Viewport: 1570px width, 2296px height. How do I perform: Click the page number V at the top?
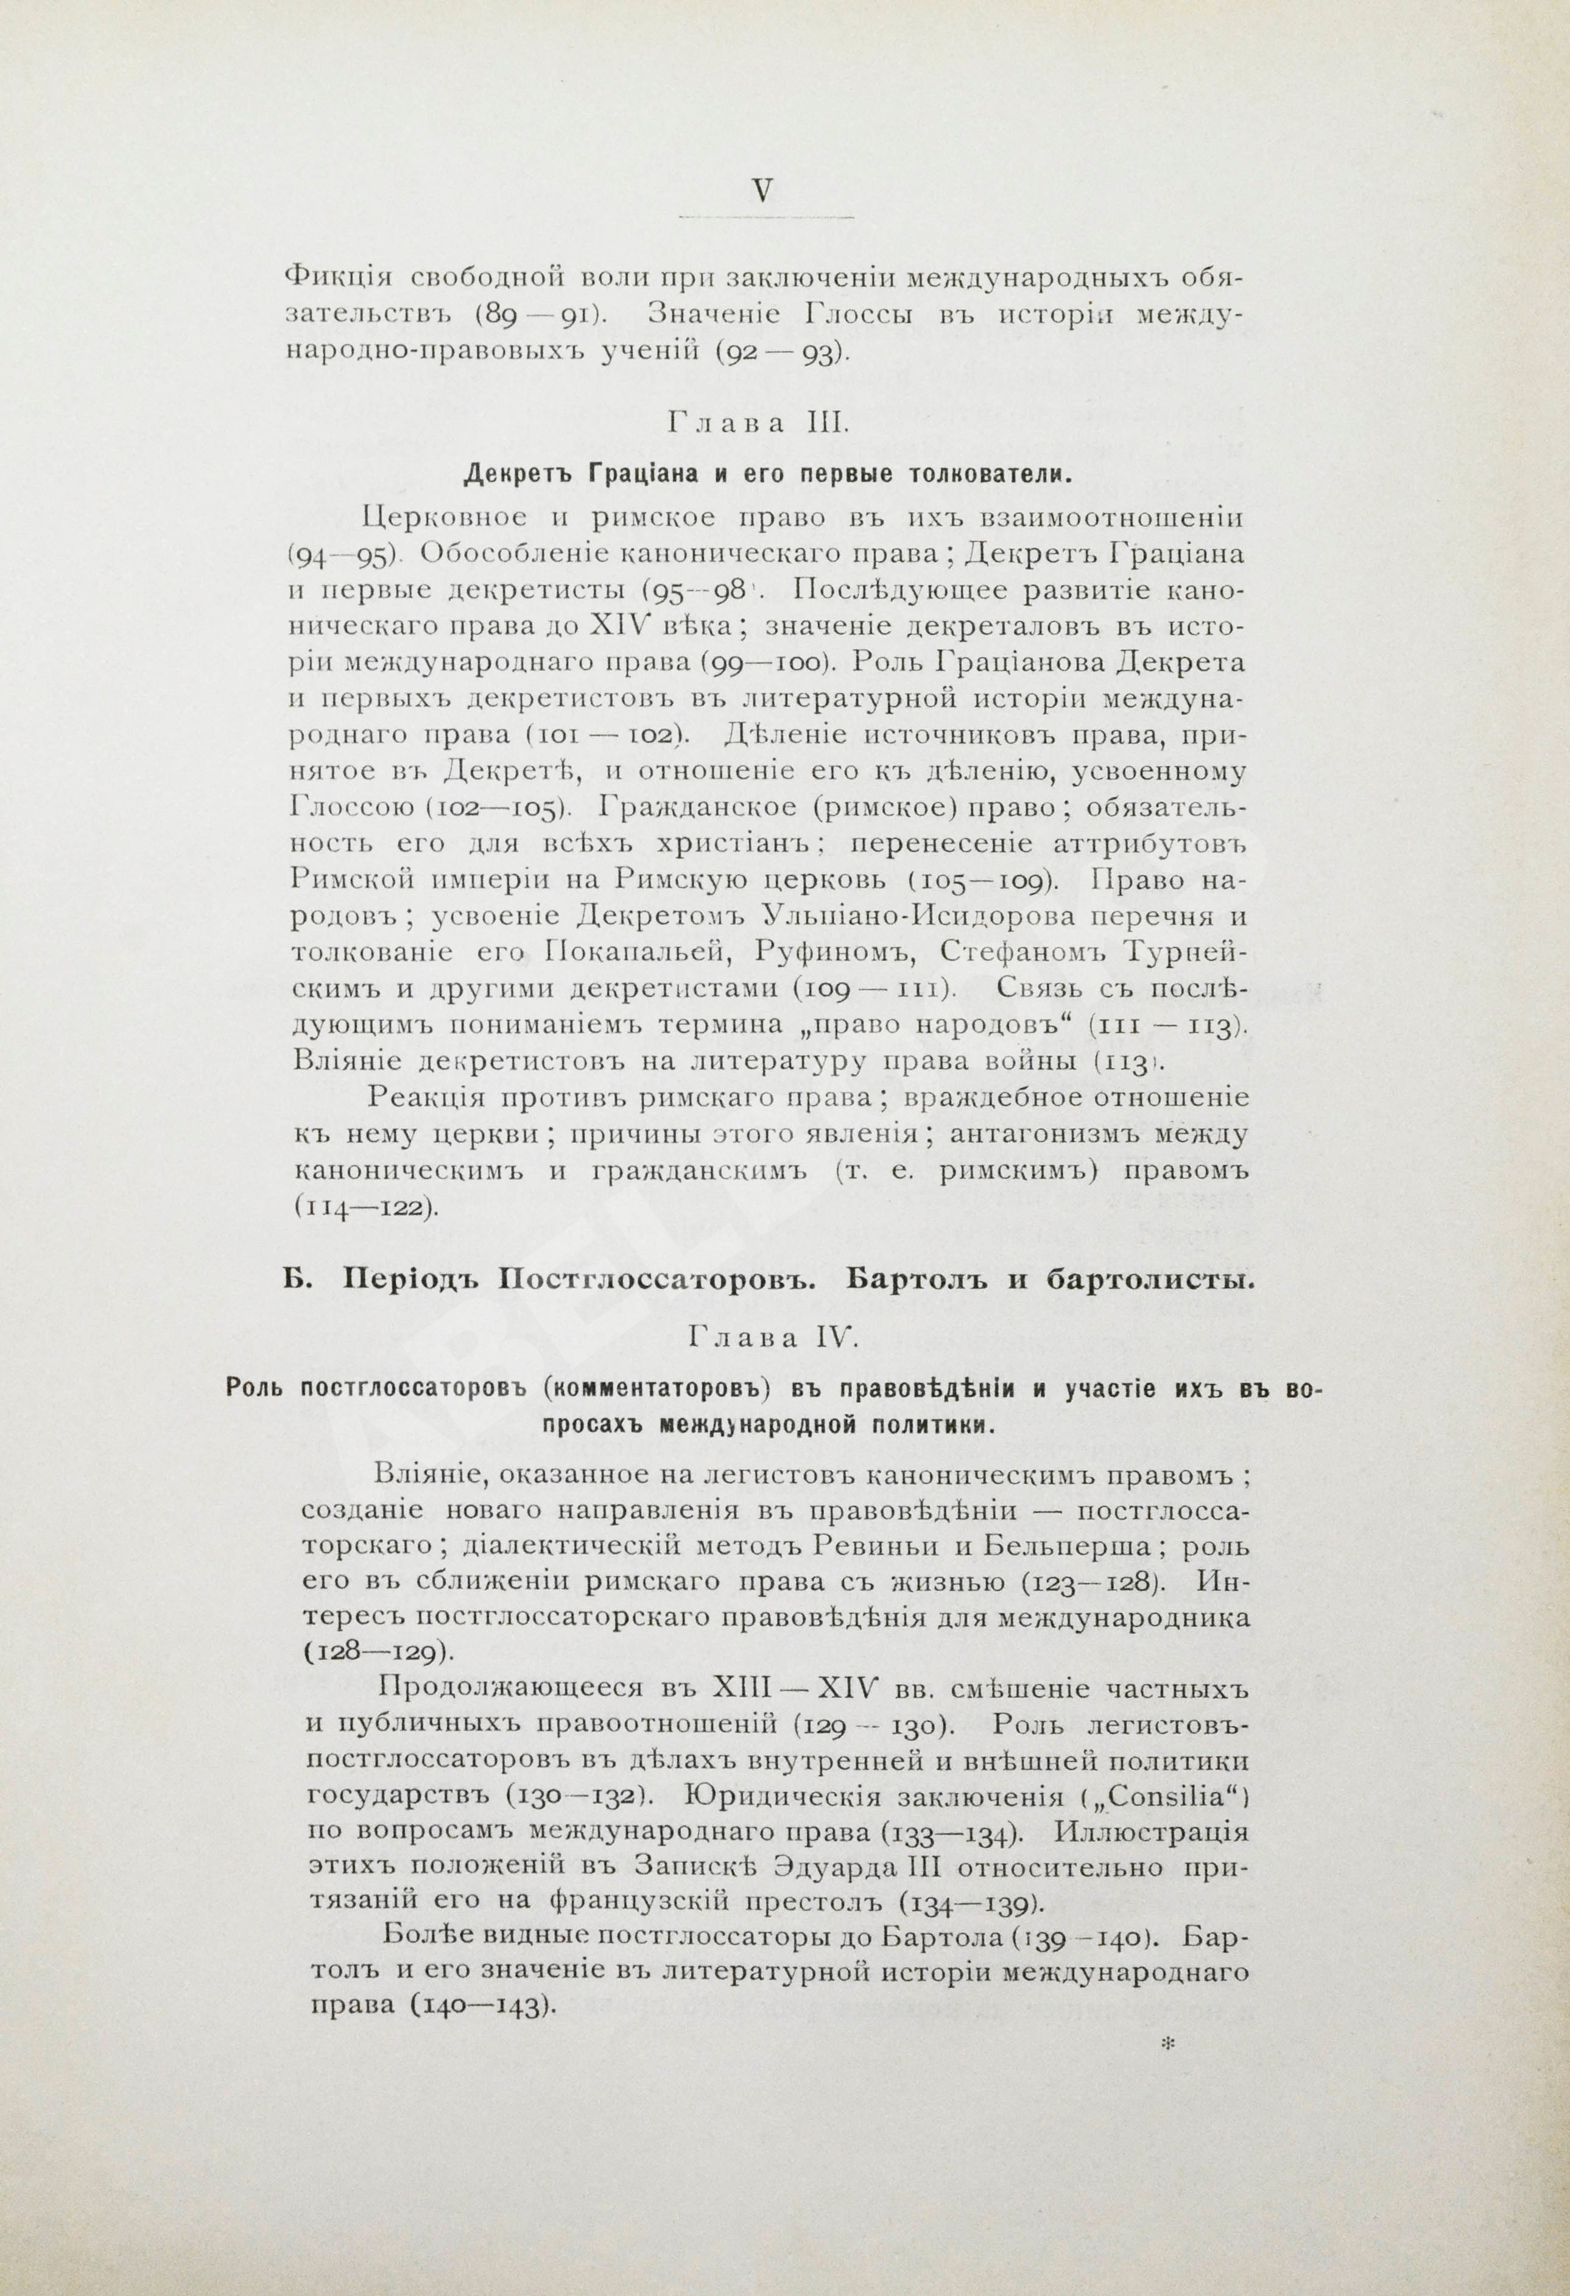(x=762, y=191)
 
